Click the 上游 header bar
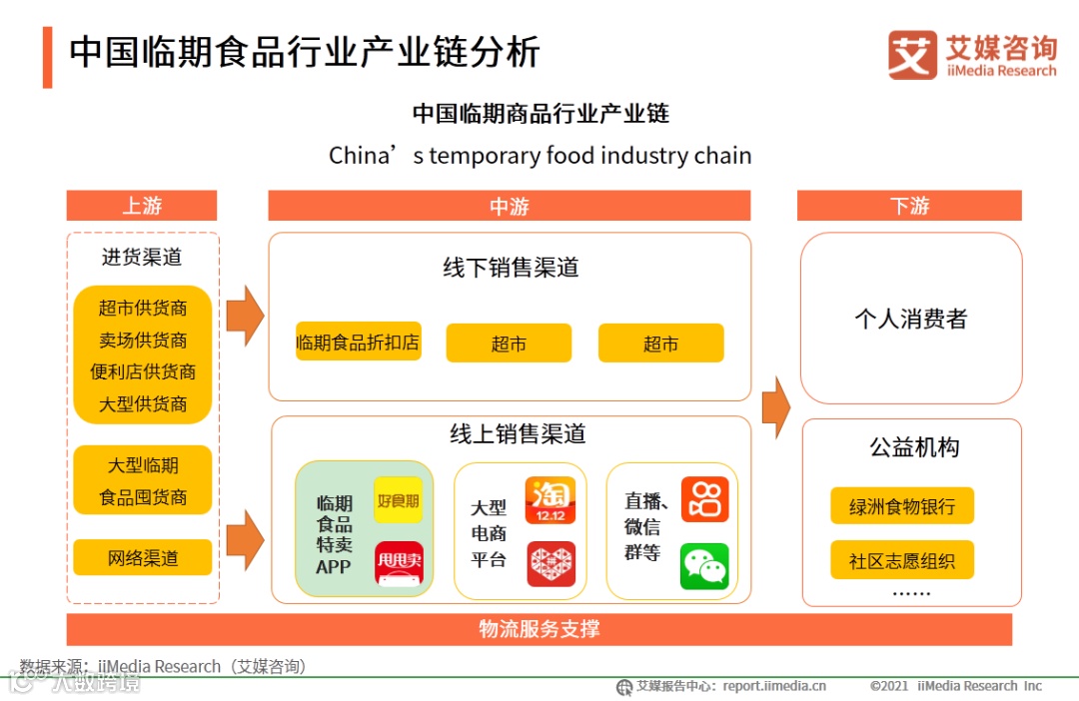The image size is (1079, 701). (x=142, y=206)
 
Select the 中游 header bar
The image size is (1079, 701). (x=509, y=206)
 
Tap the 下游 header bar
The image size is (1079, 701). (x=909, y=206)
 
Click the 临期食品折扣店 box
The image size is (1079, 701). (x=358, y=343)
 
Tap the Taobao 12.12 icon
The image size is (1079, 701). (x=550, y=500)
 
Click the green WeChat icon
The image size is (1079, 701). (x=704, y=566)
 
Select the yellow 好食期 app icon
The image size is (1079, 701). (x=398, y=500)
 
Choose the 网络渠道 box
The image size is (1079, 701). (x=143, y=558)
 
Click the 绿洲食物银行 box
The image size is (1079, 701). (x=902, y=506)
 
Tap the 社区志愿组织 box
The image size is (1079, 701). (x=902, y=560)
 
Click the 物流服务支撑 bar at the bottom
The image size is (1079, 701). (x=539, y=629)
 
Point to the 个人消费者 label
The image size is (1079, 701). (x=911, y=320)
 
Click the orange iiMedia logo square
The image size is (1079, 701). (x=912, y=55)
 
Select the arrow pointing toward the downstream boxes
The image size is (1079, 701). (x=775, y=406)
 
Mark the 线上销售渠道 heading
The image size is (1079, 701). (x=518, y=434)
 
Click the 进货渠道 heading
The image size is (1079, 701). (x=142, y=257)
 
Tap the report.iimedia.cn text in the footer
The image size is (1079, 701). (x=775, y=686)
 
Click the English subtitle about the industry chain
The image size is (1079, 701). (x=539, y=156)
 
